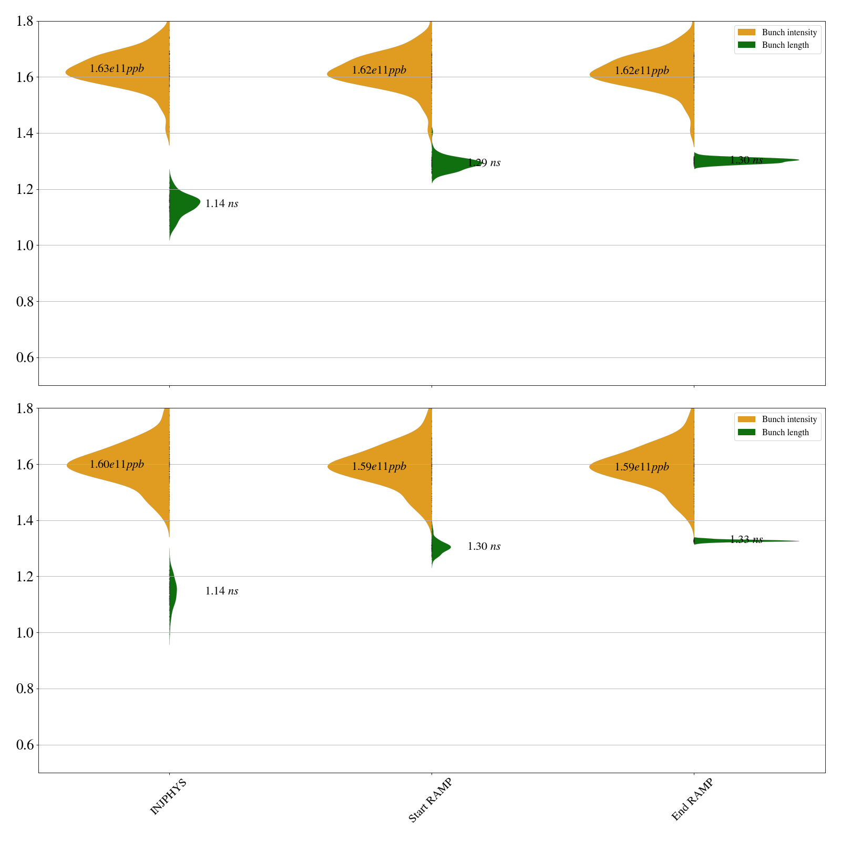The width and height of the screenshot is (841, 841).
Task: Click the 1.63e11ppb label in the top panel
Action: coord(117,69)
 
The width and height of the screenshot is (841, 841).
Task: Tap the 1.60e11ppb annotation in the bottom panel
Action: coord(117,465)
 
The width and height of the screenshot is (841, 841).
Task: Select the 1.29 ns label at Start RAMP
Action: coord(484,163)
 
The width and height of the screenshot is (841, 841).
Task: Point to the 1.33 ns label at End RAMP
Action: coord(746,540)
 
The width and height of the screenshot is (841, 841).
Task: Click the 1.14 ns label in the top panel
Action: coord(221,204)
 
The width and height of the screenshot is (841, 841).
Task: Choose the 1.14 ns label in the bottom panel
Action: coord(221,591)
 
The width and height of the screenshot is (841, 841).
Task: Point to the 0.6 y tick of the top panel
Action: coord(26,358)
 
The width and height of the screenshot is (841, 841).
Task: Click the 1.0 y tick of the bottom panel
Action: coord(26,633)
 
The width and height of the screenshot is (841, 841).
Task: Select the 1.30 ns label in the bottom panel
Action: coord(484,547)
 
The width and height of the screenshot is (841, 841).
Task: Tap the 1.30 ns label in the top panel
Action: coord(746,160)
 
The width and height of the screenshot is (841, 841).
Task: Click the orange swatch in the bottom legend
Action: coord(746,419)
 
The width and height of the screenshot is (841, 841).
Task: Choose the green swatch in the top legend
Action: coord(746,45)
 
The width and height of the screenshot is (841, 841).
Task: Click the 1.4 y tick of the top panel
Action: coord(26,134)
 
